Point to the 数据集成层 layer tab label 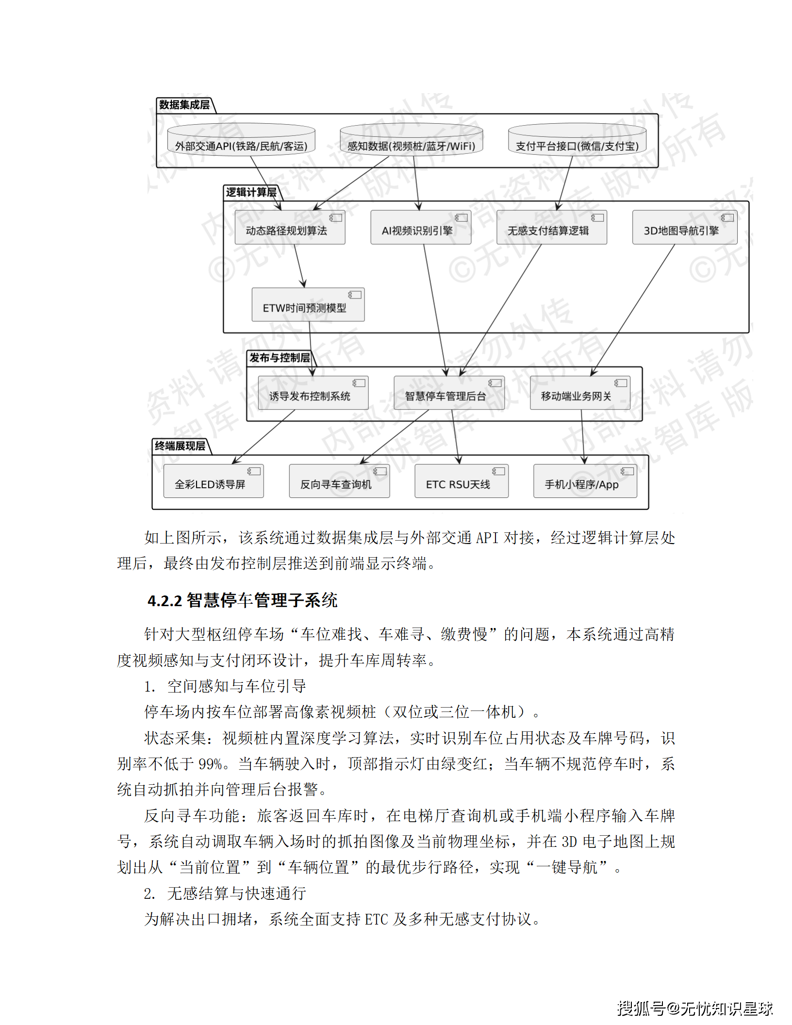point(184,105)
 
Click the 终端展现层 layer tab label point(180,446)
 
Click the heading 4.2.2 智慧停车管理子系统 point(243,601)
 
